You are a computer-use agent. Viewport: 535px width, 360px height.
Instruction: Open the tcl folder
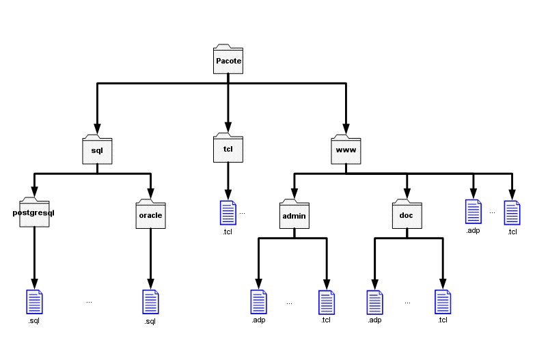pos(228,148)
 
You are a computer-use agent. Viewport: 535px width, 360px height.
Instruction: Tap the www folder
pos(345,148)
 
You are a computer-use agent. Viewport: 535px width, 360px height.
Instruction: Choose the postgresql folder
pos(33,213)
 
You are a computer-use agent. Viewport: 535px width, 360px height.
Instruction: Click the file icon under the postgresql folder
pos(33,302)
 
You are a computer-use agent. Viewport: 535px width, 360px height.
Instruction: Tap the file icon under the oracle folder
pos(150,302)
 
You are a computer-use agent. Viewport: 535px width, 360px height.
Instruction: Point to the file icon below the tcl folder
pos(228,213)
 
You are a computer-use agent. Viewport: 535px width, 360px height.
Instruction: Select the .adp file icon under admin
pos(258,302)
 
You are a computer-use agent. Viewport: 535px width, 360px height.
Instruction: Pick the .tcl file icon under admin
pos(326,302)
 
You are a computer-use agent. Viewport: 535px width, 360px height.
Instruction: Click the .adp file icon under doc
pos(374,302)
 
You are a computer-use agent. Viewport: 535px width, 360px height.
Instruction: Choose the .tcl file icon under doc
pos(443,302)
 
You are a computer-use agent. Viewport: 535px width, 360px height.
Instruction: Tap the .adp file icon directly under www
pos(473,212)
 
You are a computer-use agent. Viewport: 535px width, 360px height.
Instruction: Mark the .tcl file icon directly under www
pos(512,212)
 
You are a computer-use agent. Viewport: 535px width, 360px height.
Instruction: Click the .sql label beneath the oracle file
pos(150,322)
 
